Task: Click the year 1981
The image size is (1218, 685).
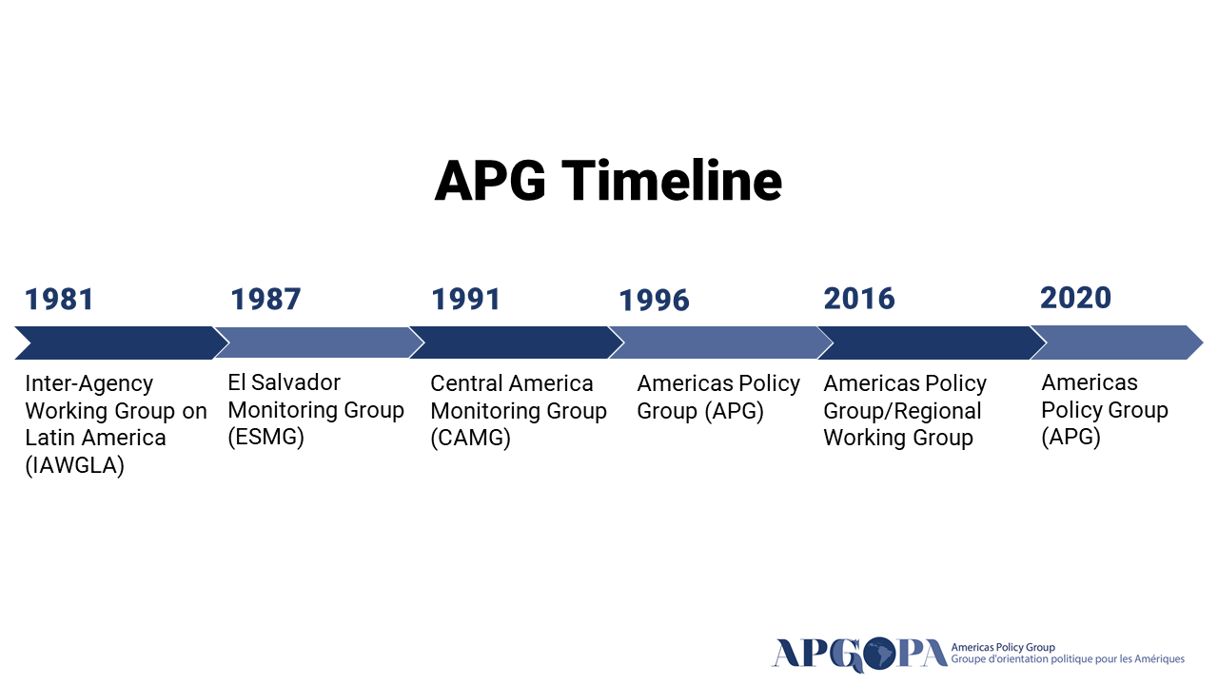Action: pos(59,300)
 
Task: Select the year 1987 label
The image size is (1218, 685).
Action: pos(265,300)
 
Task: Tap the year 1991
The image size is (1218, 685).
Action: pos(465,300)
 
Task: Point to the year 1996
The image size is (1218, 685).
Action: pos(654,301)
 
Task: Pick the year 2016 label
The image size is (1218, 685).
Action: pos(859,299)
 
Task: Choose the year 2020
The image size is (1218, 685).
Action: pos(1075,298)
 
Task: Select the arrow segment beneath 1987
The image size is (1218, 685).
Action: pos(319,342)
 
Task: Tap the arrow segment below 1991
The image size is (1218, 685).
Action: pos(516,342)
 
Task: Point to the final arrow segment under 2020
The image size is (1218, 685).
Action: pos(1117,342)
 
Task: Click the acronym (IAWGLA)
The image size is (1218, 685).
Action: pos(75,465)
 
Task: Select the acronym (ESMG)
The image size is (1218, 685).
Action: pos(265,437)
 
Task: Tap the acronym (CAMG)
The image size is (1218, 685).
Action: pos(470,438)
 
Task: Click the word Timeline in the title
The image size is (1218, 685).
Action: pos(672,181)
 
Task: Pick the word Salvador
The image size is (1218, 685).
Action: pos(296,382)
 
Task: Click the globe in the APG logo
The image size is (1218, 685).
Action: pos(878,654)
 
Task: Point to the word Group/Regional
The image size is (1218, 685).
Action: pos(903,411)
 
